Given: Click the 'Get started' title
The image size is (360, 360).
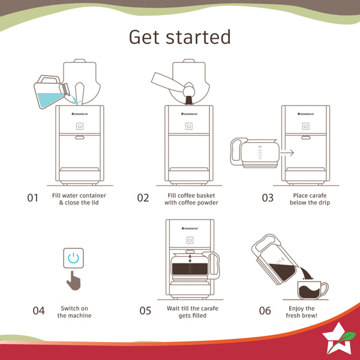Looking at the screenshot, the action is click(180, 37).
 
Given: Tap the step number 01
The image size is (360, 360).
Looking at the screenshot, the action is click(32, 198).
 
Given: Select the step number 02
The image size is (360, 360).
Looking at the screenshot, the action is click(143, 198).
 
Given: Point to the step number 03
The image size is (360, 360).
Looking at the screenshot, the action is click(268, 198).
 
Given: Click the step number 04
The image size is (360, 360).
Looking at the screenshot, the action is click(39, 311).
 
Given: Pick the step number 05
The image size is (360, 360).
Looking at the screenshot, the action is click(145, 311).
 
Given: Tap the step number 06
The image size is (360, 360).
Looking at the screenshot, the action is click(265, 311).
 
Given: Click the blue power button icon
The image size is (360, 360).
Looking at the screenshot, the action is click(73, 258).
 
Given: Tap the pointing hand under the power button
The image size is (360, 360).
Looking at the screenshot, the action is click(74, 281).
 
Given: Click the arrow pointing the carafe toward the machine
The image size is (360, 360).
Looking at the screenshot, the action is click(287, 152).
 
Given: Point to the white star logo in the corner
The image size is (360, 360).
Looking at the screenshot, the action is click(337, 339).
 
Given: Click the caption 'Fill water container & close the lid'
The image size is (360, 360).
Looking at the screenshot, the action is click(79, 199).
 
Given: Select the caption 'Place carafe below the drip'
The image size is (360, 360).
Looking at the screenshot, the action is click(310, 199).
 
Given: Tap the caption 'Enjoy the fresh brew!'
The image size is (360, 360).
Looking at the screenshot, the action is click(302, 312).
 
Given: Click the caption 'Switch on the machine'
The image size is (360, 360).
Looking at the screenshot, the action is click(74, 312).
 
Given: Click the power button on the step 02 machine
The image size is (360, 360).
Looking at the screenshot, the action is click(189, 126).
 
